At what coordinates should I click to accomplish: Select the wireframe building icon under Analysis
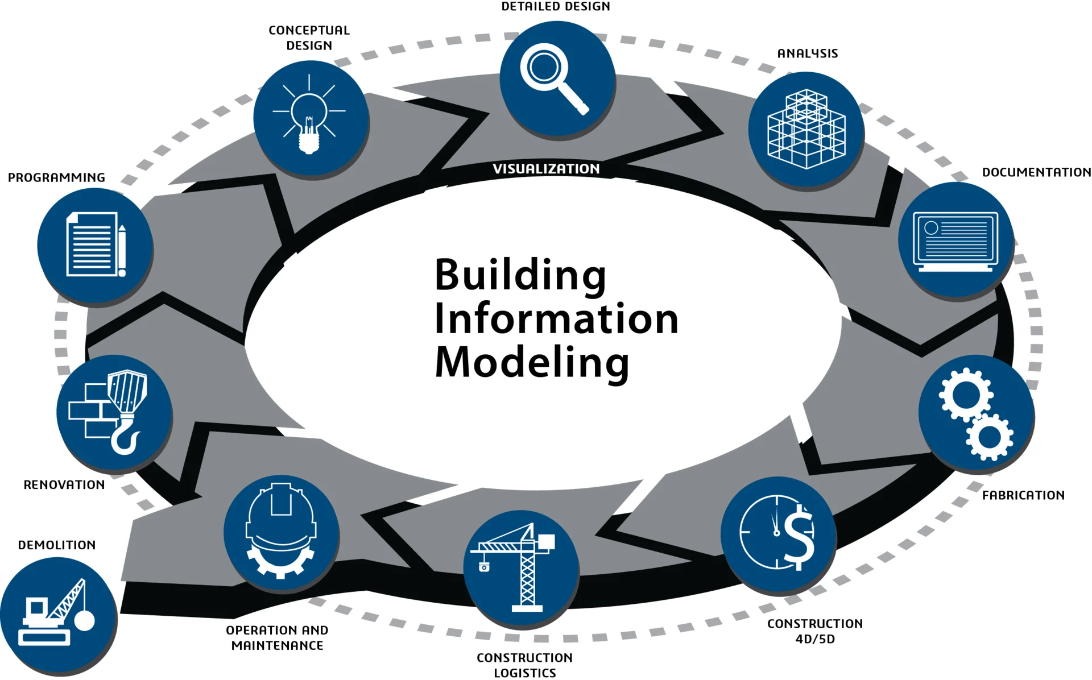click(x=806, y=129)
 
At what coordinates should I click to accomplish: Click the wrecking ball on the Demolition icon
click(x=85, y=620)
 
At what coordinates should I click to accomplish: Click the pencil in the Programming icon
click(x=122, y=251)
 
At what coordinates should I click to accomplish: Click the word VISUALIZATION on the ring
click(x=546, y=169)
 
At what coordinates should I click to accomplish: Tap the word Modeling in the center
click(x=532, y=363)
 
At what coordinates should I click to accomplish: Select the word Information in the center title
click(x=556, y=318)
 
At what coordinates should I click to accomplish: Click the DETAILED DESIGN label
click(x=556, y=6)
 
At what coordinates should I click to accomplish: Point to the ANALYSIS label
click(x=808, y=53)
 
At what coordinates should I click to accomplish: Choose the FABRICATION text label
click(x=1023, y=495)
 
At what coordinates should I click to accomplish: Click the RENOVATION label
click(x=64, y=485)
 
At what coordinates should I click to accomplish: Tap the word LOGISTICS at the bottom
click(x=525, y=673)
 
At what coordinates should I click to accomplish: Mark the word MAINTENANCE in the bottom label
click(x=278, y=646)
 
